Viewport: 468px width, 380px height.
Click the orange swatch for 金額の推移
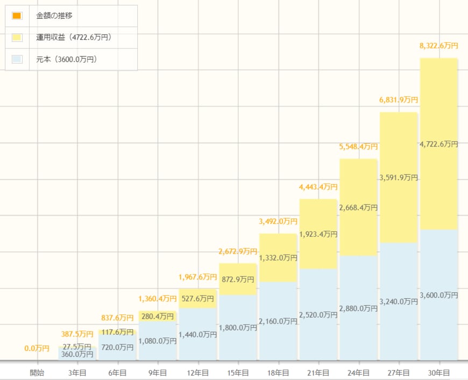point(17,16)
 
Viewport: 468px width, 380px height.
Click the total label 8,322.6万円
point(438,46)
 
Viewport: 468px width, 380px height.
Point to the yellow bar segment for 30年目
point(438,108)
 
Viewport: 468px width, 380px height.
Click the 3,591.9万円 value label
point(399,177)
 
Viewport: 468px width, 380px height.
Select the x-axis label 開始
point(37,372)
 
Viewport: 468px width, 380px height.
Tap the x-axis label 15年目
point(238,372)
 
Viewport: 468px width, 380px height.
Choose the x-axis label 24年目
point(358,372)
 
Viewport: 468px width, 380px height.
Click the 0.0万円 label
point(37,349)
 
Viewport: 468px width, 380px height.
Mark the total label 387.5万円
point(77,334)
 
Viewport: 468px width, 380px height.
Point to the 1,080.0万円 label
point(158,341)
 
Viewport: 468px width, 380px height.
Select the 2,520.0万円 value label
point(318,314)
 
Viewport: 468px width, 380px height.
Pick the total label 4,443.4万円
point(318,187)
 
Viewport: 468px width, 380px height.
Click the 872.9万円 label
point(238,279)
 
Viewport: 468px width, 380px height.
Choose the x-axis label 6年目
point(117,372)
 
